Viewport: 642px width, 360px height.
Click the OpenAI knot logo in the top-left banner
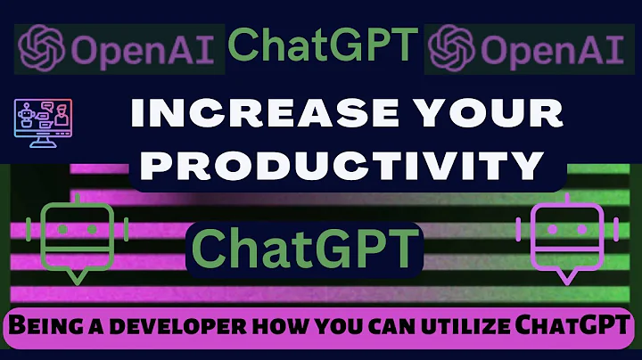click(42, 46)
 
